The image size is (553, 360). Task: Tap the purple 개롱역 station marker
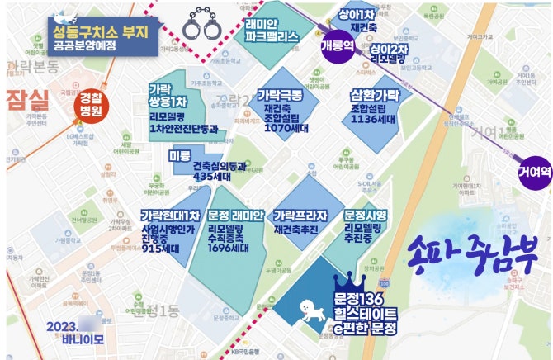(x=338, y=45)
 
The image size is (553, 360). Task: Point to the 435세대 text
(x=211, y=176)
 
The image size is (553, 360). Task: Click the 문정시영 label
(x=366, y=215)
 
